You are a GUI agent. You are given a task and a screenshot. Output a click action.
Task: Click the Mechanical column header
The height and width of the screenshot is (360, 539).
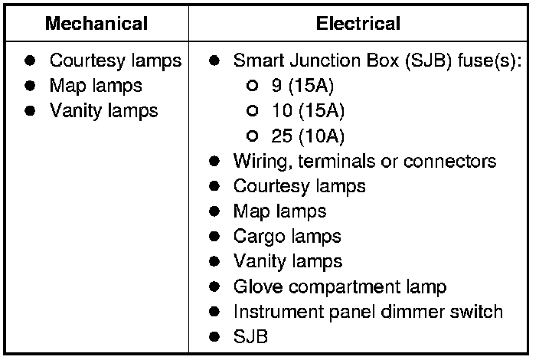[96, 23]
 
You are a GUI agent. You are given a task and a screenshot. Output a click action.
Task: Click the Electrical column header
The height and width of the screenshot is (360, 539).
[358, 23]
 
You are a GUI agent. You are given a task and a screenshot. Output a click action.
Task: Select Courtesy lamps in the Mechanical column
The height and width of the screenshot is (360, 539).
[116, 61]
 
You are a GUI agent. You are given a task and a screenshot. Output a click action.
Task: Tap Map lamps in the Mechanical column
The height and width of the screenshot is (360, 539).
[96, 86]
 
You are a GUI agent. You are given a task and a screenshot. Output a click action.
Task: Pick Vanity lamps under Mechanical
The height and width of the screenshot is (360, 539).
[103, 111]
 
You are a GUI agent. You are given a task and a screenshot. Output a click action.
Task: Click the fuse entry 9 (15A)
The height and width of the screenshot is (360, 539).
[302, 86]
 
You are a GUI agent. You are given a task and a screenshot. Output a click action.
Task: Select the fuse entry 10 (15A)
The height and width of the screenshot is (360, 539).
[307, 111]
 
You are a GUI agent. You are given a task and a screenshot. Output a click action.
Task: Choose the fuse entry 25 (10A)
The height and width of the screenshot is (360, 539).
[307, 136]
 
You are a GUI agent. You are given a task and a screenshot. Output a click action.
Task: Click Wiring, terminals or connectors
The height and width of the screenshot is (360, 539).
[364, 162]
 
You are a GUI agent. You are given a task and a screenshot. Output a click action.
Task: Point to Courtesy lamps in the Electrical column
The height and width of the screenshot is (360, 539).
[299, 186]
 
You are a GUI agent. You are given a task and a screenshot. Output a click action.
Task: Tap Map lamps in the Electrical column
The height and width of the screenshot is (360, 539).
[279, 211]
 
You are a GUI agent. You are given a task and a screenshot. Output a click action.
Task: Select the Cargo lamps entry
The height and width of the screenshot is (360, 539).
[287, 237]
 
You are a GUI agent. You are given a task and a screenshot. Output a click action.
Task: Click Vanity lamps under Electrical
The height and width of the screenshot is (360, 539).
[287, 262]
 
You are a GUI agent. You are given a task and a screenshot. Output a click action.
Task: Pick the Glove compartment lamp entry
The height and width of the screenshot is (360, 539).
[339, 287]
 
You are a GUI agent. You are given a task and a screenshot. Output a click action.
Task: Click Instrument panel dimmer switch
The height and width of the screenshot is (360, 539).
[367, 313]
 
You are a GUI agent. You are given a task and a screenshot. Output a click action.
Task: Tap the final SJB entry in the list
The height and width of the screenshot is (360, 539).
[250, 337]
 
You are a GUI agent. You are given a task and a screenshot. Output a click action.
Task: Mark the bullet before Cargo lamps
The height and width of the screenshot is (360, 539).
[216, 237]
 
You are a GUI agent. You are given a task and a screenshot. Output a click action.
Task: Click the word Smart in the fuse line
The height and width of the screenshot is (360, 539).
[256, 61]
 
